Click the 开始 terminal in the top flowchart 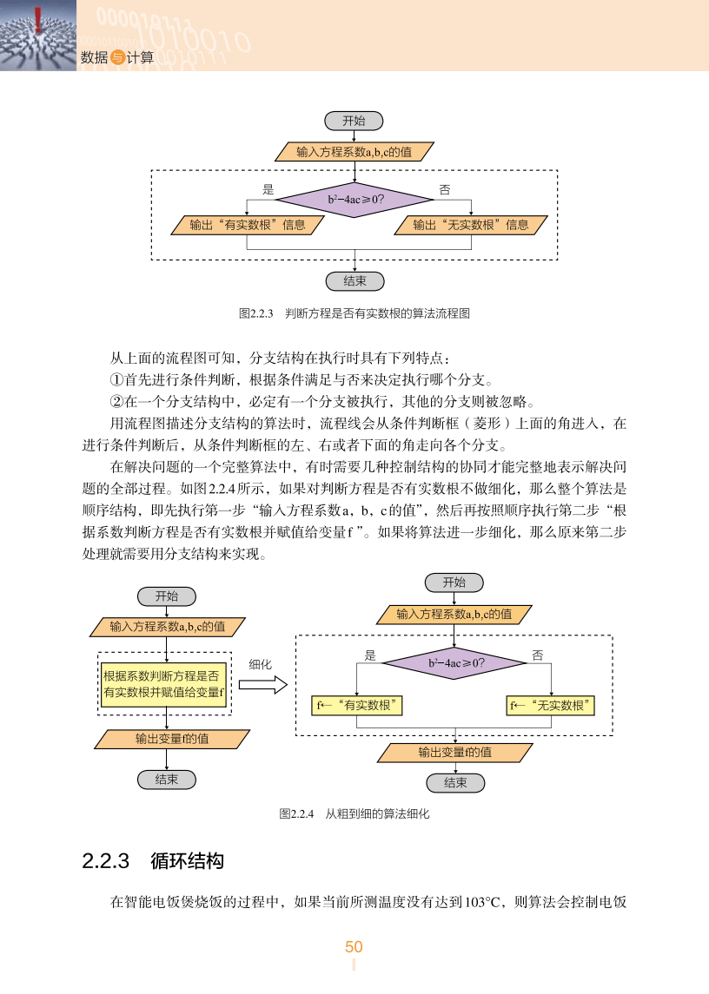pos(354,121)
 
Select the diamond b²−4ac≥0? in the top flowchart pos(355,200)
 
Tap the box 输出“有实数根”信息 pos(248,225)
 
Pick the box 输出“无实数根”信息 pos(470,225)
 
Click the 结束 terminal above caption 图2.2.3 pos(354,281)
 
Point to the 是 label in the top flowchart pos(268,189)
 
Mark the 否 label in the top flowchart pos(445,189)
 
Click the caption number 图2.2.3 pos(255,313)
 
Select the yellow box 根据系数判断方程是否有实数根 pos(164,683)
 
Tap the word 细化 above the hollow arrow pos(261,664)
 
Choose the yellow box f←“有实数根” pos(358,705)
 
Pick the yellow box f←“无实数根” pos(551,705)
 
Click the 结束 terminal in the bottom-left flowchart pos(166,780)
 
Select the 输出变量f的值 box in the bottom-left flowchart pos(171,739)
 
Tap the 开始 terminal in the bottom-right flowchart pos(454,583)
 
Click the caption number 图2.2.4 pos(296,814)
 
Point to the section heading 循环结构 pos(187,861)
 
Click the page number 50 pos(354,947)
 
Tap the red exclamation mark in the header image pos(38,19)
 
